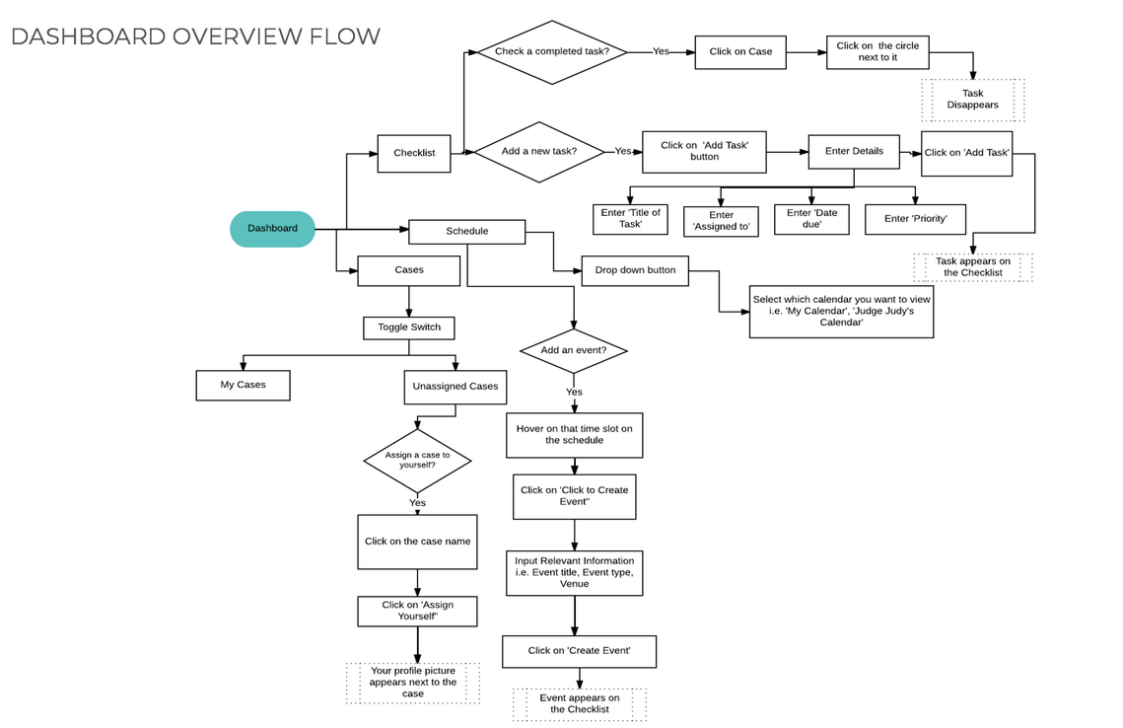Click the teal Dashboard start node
pos(272,229)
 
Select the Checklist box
pos(414,153)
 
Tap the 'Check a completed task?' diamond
pos(551,52)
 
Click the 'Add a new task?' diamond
pos(539,152)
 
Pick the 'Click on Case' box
pos(740,52)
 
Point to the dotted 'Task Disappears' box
pos(972,100)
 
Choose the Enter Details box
pos(854,152)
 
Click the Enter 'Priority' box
pos(915,219)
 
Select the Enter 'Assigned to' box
pos(721,221)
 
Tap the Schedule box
pos(467,232)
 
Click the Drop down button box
pos(635,271)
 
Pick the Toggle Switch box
pos(409,328)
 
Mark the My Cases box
pos(243,386)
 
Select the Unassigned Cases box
pos(456,387)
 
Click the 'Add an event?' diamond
pos(574,351)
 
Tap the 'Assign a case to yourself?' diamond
pos(417,461)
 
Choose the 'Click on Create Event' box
pos(580,652)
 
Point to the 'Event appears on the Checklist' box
pos(580,704)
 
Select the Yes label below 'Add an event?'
pos(575,393)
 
